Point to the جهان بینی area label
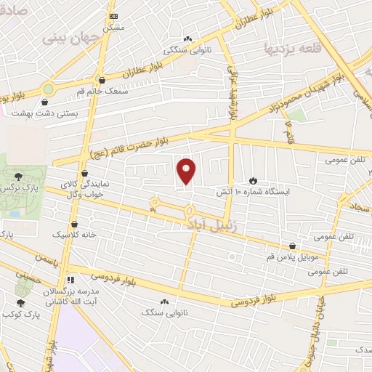coord(65,37)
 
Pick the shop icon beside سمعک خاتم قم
coord(101,81)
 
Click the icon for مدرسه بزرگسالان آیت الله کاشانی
coord(70,279)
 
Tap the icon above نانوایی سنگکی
coord(187,39)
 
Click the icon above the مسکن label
coord(113,16)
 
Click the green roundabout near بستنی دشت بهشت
coord(49,89)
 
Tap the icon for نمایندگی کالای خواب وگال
coord(86,174)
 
